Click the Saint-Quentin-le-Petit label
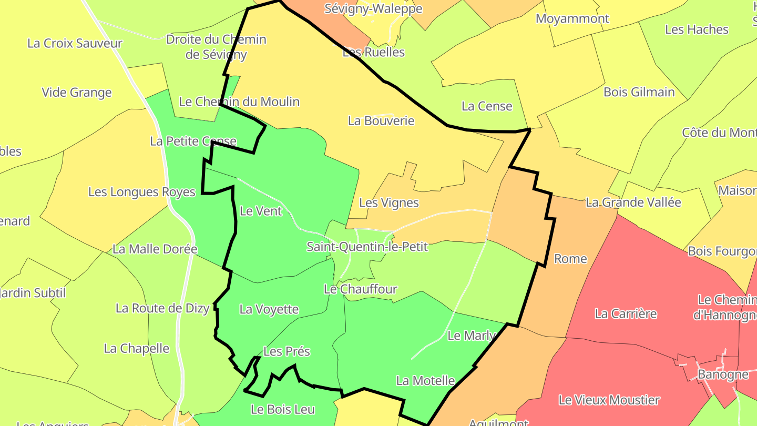point(367,246)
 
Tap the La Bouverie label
point(381,120)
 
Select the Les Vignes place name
point(388,202)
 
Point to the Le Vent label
point(261,211)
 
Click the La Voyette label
point(269,309)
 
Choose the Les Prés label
point(287,351)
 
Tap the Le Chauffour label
point(360,289)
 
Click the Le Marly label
point(471,336)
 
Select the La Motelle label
point(425,380)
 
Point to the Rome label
point(570,259)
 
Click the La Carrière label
point(626,314)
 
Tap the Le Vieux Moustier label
point(609,400)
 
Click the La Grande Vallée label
point(633,202)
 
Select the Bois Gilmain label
point(639,92)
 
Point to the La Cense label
point(486,106)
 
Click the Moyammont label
point(572,19)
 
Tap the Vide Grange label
point(77,93)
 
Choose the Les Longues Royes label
point(142,192)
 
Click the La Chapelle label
point(137,348)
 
